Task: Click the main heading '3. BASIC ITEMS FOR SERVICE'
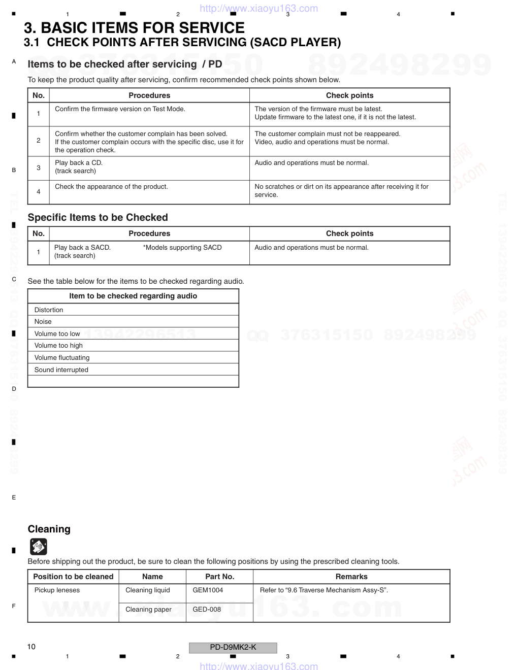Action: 134,28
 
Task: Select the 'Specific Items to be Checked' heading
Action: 98,217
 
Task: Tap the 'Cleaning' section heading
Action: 49,529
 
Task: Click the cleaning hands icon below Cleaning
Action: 39,547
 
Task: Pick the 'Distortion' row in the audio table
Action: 49,310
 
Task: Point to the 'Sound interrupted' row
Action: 61,370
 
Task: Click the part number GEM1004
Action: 208,590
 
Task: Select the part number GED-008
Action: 207,609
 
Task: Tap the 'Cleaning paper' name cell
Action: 148,609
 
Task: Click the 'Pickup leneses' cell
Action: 57,590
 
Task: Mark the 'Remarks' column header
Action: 351,577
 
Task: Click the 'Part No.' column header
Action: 219,577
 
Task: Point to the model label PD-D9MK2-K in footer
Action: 233,647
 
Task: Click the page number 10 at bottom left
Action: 31,646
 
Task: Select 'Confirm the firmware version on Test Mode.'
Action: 120,109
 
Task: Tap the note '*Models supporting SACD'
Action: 182,247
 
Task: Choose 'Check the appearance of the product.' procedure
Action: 111,186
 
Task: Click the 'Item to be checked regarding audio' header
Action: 133,296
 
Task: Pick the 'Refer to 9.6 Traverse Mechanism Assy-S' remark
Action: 324,590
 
